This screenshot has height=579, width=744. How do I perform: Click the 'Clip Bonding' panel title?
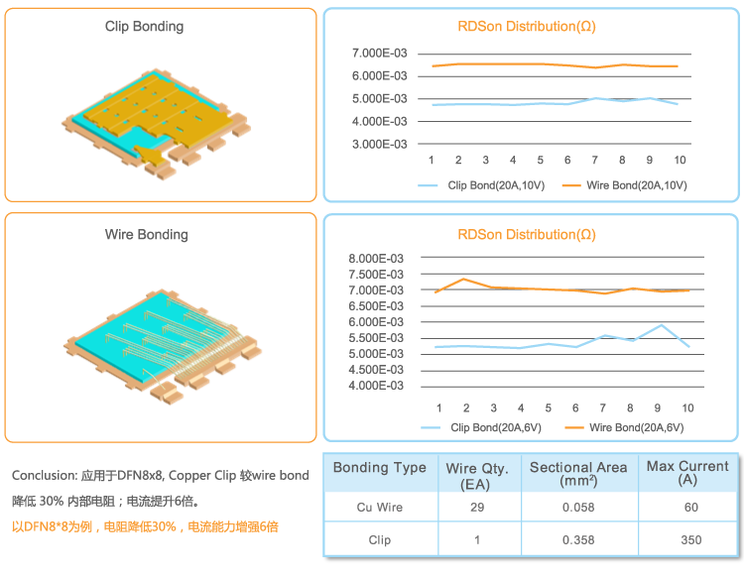click(144, 27)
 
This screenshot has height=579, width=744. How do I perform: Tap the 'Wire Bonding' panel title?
click(146, 235)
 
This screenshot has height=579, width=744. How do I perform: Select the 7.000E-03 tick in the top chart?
click(381, 53)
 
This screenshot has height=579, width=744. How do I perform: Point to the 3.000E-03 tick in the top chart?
click(381, 144)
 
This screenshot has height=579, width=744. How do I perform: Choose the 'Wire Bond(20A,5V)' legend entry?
click(636, 428)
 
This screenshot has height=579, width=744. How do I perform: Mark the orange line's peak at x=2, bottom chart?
click(465, 279)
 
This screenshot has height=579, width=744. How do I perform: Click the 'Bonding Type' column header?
click(380, 468)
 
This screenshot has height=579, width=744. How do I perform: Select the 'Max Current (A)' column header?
click(687, 473)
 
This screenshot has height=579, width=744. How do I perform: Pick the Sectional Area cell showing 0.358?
click(578, 540)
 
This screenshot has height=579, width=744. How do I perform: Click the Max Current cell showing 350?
click(691, 540)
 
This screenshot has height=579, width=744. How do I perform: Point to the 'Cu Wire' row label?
click(380, 508)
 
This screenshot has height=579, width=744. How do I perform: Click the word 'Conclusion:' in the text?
click(44, 476)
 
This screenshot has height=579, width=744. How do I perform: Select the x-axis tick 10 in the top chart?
click(679, 161)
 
